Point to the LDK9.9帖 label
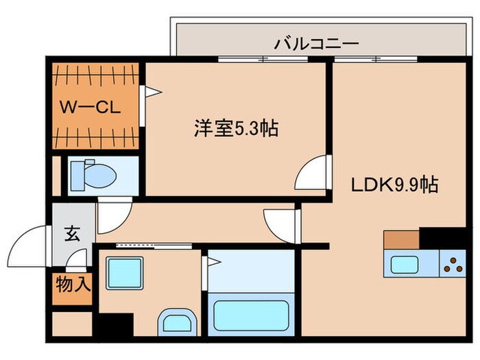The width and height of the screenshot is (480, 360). click(396, 184)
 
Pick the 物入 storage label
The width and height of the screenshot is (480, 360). click(72, 284)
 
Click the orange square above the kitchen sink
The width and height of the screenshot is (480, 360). click(402, 239)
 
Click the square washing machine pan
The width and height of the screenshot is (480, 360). click(123, 272)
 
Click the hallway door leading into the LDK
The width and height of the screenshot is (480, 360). click(280, 224)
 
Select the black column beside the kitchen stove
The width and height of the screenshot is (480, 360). click(442, 238)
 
